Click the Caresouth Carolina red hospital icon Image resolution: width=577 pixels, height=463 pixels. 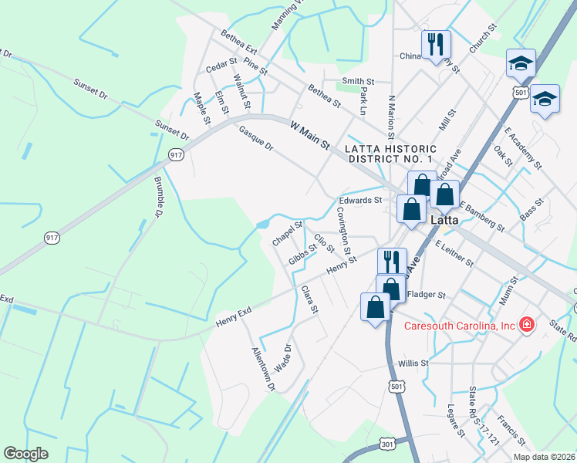(x=527, y=326)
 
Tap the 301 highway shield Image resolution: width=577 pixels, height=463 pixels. (x=388, y=443)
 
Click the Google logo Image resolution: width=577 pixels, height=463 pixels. (x=26, y=453)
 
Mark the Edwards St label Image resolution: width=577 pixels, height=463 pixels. (x=361, y=201)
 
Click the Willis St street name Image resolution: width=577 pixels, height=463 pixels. (x=413, y=363)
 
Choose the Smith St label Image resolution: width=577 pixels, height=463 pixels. (x=358, y=80)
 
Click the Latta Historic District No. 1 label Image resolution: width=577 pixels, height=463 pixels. (x=390, y=154)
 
